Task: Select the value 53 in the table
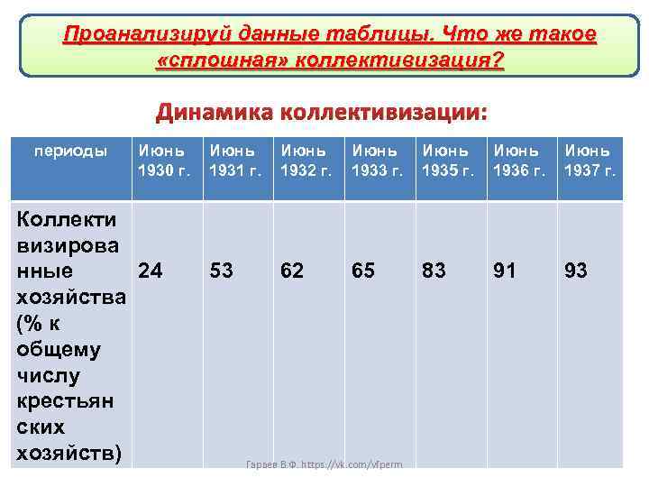click(221, 270)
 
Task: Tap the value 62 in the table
click(291, 270)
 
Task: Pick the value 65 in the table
click(363, 270)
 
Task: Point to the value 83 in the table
click(434, 270)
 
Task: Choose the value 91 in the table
click(505, 270)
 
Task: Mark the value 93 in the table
click(575, 270)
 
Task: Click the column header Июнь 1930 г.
click(163, 160)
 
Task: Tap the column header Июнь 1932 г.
click(306, 160)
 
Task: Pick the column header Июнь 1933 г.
click(378, 160)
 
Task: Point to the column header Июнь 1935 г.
click(448, 160)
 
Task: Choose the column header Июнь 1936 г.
click(519, 160)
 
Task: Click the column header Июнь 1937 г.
click(590, 160)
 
